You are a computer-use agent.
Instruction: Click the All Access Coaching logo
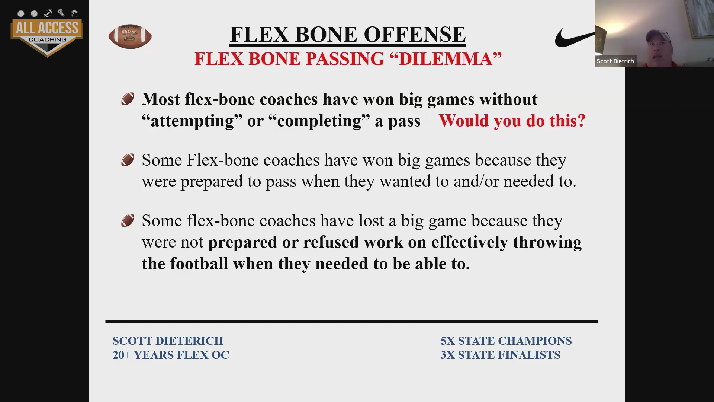(x=47, y=33)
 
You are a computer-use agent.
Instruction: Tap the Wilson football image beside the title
(x=130, y=36)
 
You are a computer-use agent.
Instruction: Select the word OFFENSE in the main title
(x=415, y=34)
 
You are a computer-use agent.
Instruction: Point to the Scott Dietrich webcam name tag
(x=615, y=61)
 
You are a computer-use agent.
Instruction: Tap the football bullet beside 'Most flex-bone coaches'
(x=128, y=99)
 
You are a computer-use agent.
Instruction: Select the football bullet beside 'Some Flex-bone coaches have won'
(x=128, y=160)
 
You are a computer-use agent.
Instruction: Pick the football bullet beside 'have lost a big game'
(x=128, y=221)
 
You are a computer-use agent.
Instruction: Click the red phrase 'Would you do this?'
(x=512, y=121)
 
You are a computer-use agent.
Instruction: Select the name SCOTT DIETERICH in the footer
(x=168, y=341)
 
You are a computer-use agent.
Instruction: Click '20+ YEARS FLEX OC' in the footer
(x=171, y=355)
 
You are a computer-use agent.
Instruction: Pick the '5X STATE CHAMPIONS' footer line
(x=506, y=341)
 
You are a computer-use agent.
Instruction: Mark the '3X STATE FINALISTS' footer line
(x=500, y=355)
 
